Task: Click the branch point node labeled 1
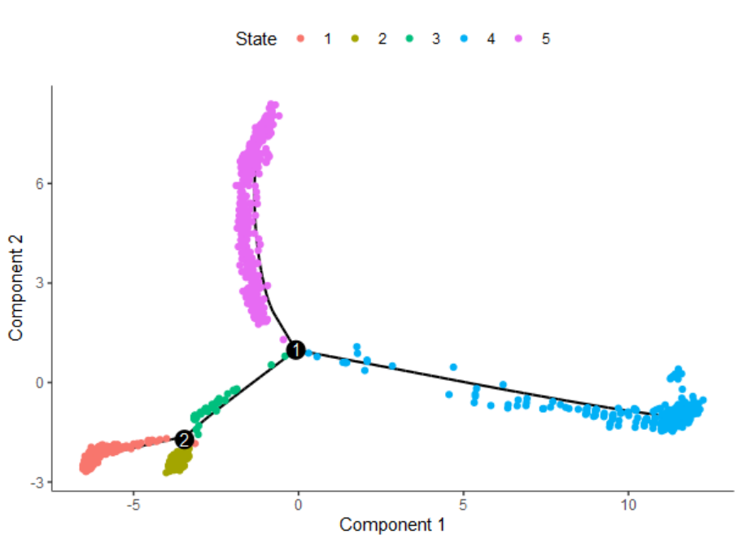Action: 297,349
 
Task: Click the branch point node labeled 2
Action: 185,440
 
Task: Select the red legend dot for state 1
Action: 301,38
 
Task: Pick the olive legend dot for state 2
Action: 355,38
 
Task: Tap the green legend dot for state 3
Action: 409,38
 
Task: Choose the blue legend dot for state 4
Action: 463,38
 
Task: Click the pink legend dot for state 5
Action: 518,38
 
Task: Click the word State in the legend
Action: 256,38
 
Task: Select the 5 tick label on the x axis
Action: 463,504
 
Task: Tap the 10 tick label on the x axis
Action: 627,504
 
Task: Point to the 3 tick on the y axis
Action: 39,283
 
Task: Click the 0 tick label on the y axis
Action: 39,383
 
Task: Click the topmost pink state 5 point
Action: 273,105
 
